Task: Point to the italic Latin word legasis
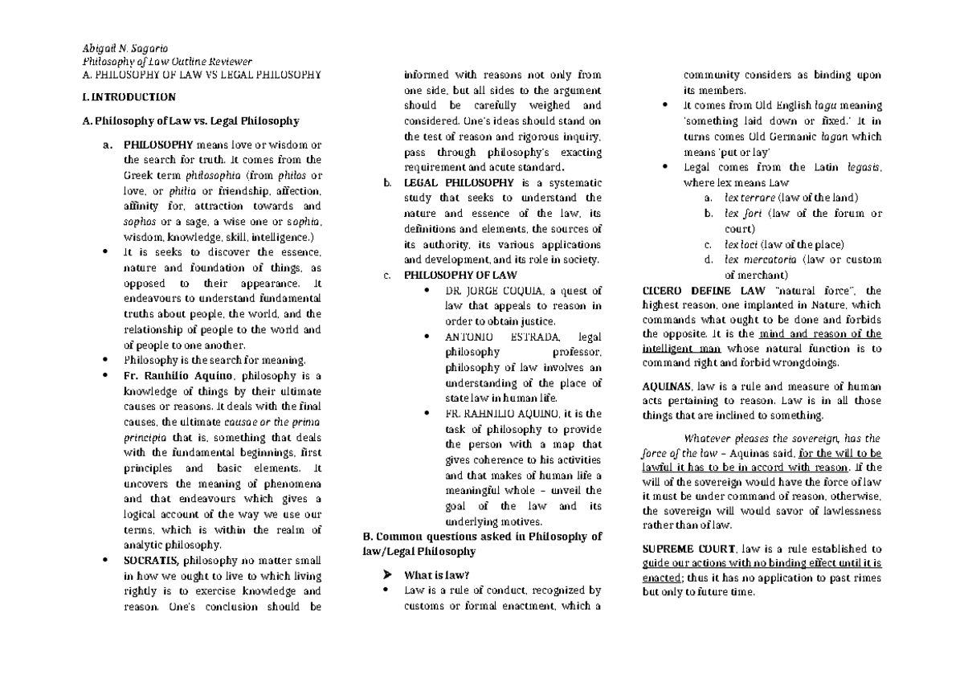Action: pyautogui.click(x=864, y=167)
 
